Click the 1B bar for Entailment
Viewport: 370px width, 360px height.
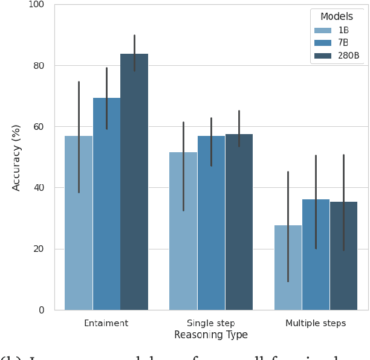click(x=79, y=223)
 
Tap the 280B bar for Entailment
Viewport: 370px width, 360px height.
click(x=134, y=182)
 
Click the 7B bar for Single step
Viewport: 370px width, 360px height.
click(x=211, y=223)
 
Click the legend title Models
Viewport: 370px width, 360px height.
click(x=337, y=16)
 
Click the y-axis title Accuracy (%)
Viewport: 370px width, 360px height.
click(x=16, y=157)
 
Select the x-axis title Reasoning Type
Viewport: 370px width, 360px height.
click(x=211, y=335)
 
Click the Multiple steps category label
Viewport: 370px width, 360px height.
click(x=316, y=323)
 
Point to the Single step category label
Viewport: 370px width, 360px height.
click(x=211, y=323)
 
